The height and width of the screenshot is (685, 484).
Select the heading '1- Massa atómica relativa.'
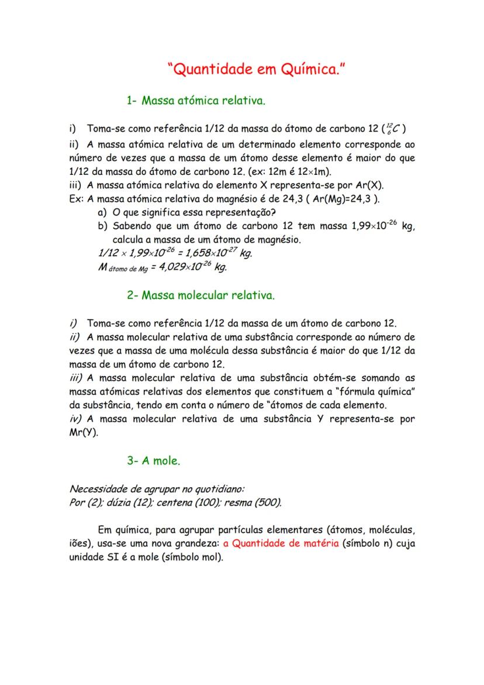coord(196,101)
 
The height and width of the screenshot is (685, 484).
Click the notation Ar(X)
coord(369,185)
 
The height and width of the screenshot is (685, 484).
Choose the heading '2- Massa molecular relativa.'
coord(200,295)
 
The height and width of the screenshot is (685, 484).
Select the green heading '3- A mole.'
coord(154,460)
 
